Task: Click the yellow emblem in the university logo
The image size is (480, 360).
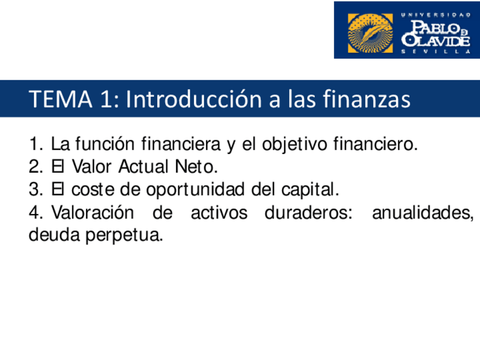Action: coord(370,32)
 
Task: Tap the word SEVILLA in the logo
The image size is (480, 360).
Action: coord(435,51)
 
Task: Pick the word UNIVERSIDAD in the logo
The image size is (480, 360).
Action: coord(435,15)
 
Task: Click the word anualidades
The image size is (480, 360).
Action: coord(422,213)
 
